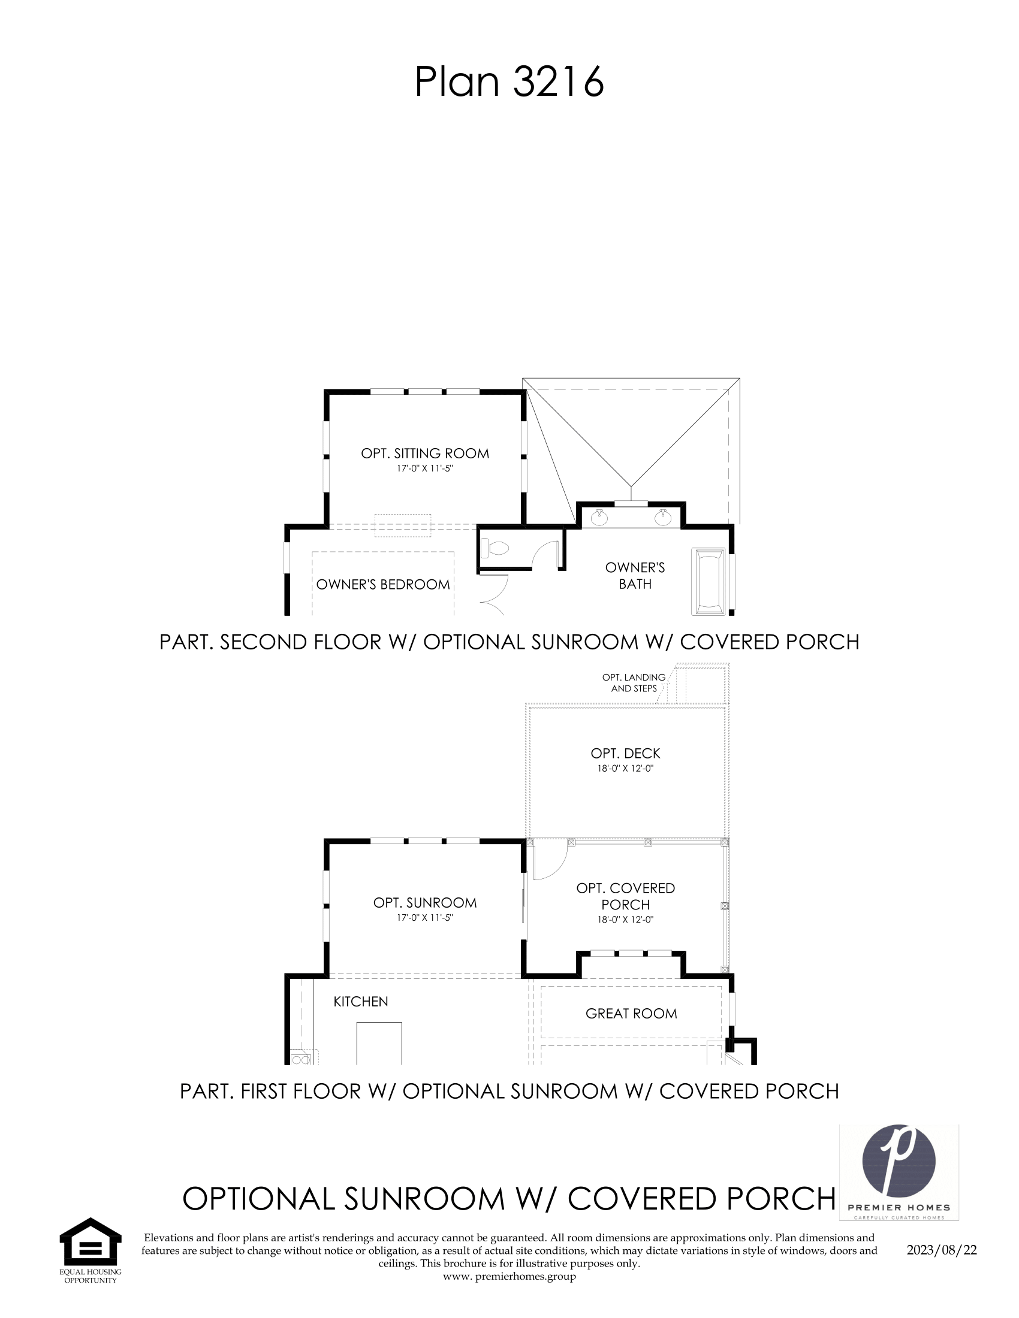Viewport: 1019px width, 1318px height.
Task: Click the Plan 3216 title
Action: (x=509, y=82)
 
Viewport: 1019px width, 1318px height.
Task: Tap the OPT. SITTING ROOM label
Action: (x=425, y=454)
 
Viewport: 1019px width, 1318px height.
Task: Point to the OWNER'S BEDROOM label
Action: (x=383, y=584)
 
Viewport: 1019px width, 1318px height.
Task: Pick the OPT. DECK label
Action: (x=625, y=753)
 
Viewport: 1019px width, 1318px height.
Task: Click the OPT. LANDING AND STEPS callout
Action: (x=634, y=682)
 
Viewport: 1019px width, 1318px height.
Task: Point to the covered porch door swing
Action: (x=550, y=861)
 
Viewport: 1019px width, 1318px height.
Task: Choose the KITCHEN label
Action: (x=361, y=1001)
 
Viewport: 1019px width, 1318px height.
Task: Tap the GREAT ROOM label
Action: (x=631, y=1013)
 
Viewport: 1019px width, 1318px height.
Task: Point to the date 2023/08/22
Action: (x=942, y=1249)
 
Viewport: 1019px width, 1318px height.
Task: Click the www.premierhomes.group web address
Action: (x=509, y=1275)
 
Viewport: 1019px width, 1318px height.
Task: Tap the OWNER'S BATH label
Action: (x=635, y=576)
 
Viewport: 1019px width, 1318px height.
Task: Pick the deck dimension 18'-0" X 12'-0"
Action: (x=625, y=768)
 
